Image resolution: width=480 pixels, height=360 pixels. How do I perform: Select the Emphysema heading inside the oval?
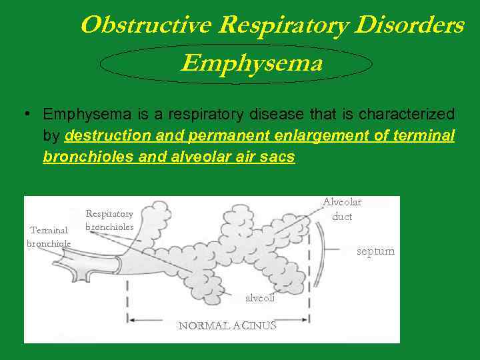click(251, 63)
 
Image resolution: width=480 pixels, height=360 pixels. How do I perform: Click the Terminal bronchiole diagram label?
click(49, 237)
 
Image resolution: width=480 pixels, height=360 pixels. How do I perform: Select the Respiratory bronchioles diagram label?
click(110, 220)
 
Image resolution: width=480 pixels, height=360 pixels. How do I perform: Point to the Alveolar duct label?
click(342, 209)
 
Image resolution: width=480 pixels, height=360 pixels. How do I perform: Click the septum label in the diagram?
click(375, 251)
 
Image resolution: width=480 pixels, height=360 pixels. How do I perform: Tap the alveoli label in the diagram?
click(259, 298)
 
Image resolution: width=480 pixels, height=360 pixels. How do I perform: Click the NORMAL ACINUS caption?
click(227, 325)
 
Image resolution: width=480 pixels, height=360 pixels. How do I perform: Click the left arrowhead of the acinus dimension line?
click(131, 319)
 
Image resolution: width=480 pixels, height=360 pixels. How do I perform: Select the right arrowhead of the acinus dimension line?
click(306, 319)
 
